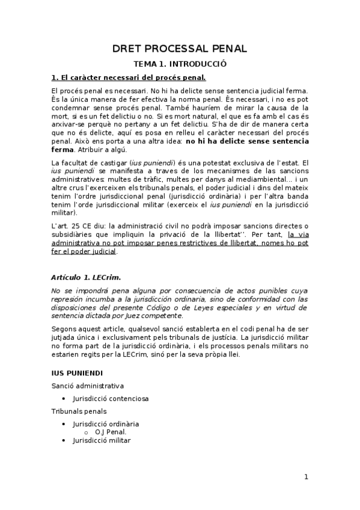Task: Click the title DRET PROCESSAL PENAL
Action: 180,49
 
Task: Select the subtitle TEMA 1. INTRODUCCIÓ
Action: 180,64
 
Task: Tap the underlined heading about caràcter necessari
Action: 129,78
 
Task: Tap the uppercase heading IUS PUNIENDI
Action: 77,373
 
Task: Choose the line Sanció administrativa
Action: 88,386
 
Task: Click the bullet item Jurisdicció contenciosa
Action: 111,398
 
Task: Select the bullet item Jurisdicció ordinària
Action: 106,423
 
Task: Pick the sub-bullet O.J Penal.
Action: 111,432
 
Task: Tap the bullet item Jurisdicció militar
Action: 102,440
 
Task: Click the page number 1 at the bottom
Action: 306,477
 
